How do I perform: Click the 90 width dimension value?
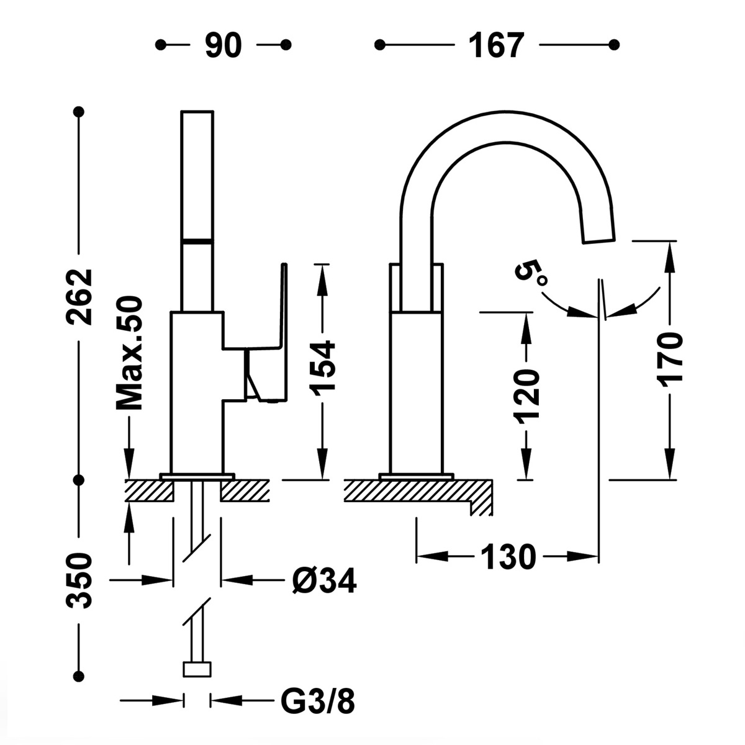click(223, 45)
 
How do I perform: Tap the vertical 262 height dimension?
click(81, 297)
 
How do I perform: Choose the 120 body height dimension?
click(526, 395)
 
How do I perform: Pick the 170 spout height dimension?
click(671, 359)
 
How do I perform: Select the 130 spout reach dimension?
click(507, 557)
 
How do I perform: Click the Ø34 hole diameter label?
click(323, 582)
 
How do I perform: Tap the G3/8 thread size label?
click(317, 702)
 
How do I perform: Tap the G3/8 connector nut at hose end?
click(197, 669)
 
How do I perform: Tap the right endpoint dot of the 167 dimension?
click(614, 45)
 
